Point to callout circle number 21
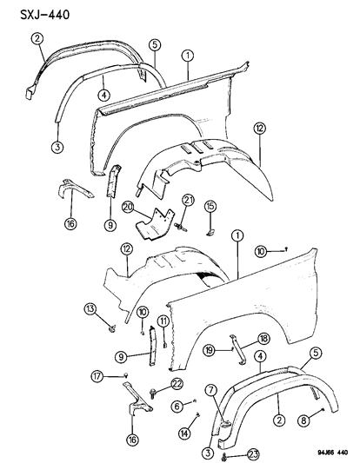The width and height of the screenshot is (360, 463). point(189,202)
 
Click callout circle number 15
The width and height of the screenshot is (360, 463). point(210,205)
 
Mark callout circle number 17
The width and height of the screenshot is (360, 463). point(124,374)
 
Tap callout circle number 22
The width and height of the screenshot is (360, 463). point(177,384)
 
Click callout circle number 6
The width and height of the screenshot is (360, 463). point(177,406)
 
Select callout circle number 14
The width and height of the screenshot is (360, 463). point(183,433)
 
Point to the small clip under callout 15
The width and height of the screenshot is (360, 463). point(211,231)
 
